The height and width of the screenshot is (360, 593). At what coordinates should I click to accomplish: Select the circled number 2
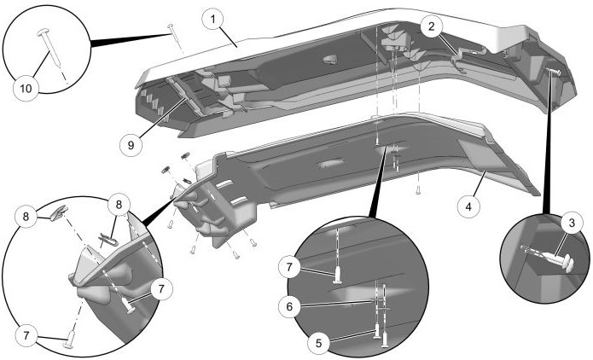pos(433,26)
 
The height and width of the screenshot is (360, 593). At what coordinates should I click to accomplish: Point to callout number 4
pos(468,206)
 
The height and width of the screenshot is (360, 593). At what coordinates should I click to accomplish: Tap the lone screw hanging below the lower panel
pos(418,192)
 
